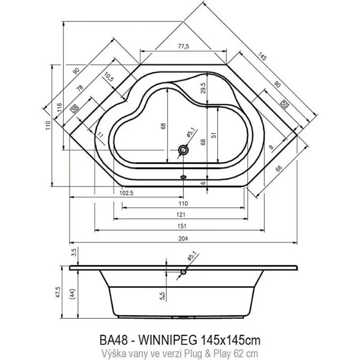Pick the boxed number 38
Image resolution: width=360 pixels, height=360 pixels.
(75, 109)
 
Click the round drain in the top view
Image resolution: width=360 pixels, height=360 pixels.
(182, 150)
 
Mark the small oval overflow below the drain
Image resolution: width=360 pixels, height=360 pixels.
(183, 177)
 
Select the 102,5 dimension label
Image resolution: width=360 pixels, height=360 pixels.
(125, 193)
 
